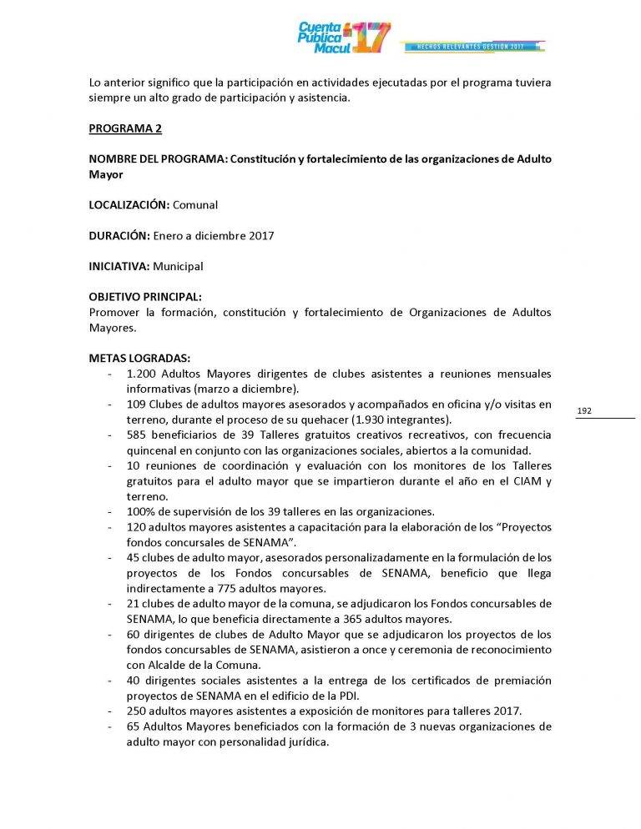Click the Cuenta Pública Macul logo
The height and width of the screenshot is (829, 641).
click(x=344, y=38)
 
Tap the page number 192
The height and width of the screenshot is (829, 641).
click(x=584, y=410)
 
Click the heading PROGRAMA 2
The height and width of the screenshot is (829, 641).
click(x=125, y=129)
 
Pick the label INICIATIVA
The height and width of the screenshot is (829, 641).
click(x=119, y=267)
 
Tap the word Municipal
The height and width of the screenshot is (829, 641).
click(x=178, y=267)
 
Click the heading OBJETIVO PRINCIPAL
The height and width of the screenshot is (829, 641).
click(x=144, y=297)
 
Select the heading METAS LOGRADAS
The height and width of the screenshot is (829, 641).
click(x=139, y=358)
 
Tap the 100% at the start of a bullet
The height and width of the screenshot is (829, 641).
click(x=140, y=510)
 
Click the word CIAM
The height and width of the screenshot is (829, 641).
click(x=518, y=480)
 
